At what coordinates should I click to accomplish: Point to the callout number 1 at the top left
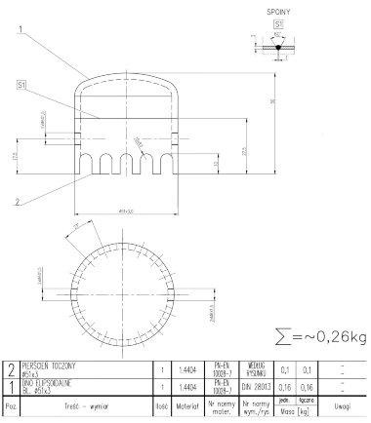point(20,30)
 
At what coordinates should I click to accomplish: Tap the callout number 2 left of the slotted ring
point(19,202)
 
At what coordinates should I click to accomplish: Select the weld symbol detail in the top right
point(277,45)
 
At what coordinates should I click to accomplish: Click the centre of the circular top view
point(124,287)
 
